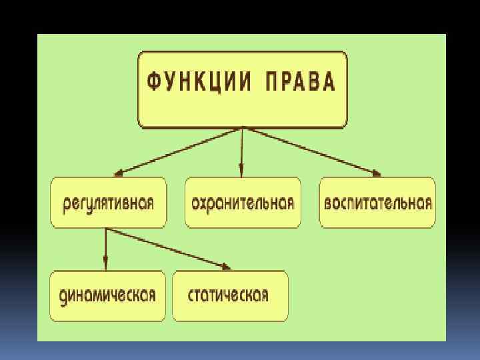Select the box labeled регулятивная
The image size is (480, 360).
pos(109,203)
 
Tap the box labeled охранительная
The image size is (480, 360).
pos(243,203)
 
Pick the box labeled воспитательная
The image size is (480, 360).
pos(377,203)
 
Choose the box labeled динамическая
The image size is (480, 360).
pos(107,295)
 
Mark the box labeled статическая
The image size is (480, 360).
pos(230,295)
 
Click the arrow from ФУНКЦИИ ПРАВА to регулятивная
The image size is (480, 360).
pos(179,151)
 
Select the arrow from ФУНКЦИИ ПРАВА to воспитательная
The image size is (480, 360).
pos(311,151)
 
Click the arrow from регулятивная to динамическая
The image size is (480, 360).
pos(105,249)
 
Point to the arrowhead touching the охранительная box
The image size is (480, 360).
pos(242,173)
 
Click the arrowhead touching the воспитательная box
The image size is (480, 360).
pos(376,174)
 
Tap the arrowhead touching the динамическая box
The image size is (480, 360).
pos(105,265)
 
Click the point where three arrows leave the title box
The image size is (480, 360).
pos(242,128)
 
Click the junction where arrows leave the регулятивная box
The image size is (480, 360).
pos(105,229)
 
